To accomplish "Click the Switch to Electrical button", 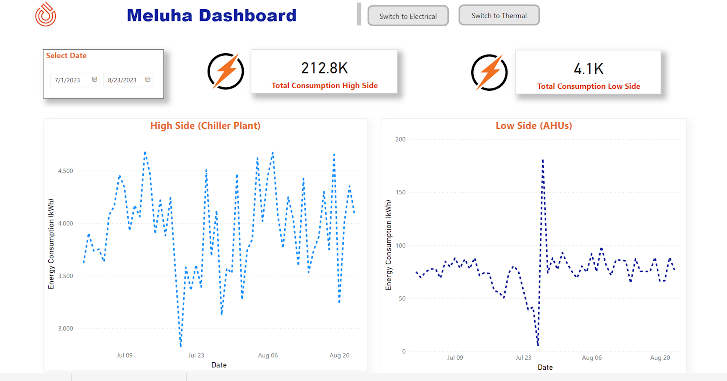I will tap(408, 16).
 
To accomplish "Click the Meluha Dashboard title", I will tap(211, 15).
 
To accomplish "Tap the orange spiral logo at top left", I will tap(46, 14).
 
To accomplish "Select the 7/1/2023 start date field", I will tap(68, 80).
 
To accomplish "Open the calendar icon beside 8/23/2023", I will tap(148, 79).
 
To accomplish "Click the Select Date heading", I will tap(66, 56).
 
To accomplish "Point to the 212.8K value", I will tap(324, 68).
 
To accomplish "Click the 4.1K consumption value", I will tap(588, 68).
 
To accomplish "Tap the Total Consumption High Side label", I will tap(324, 86).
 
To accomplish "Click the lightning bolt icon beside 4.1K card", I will tap(489, 72).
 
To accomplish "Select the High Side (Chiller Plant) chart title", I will tap(205, 126).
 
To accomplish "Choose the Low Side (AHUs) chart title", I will tap(534, 126).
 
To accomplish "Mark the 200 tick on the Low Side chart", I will tap(400, 139).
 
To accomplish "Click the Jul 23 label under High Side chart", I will tap(196, 356).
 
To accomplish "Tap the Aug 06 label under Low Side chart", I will tap(591, 358).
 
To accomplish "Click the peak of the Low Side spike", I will tap(543, 160).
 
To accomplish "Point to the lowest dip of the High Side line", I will tap(180, 345).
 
